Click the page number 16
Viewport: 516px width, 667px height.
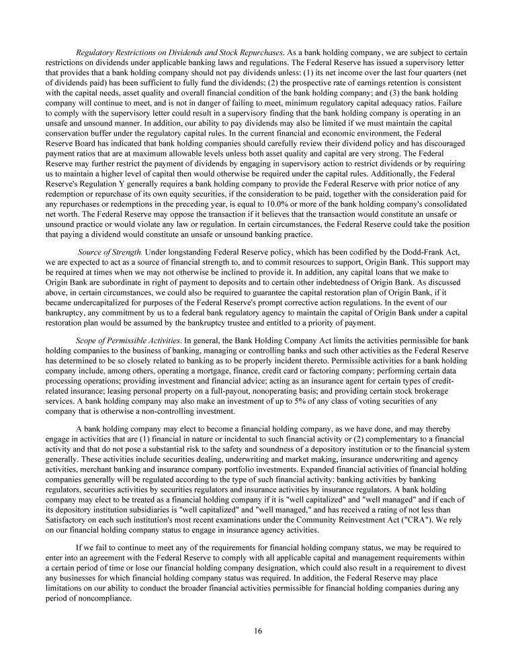point(258,630)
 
